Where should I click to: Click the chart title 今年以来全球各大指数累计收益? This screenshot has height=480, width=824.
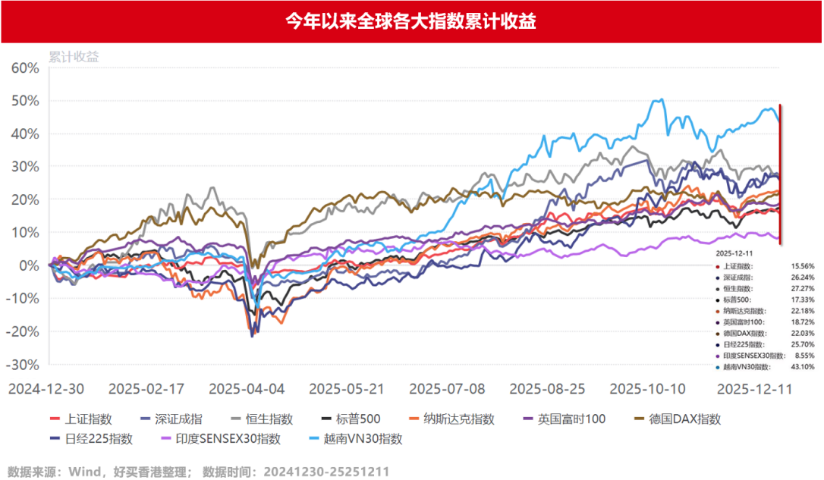click(411, 21)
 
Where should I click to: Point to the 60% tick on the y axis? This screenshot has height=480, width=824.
click(25, 67)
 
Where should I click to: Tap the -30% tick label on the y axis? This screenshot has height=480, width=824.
click(23, 365)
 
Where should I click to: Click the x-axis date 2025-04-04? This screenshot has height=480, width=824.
click(247, 388)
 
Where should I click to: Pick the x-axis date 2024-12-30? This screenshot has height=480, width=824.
click(47, 388)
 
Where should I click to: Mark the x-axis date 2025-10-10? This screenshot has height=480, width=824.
click(648, 388)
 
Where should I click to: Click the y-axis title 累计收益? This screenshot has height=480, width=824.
click(74, 56)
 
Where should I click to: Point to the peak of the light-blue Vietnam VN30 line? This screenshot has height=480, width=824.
click(661, 99)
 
